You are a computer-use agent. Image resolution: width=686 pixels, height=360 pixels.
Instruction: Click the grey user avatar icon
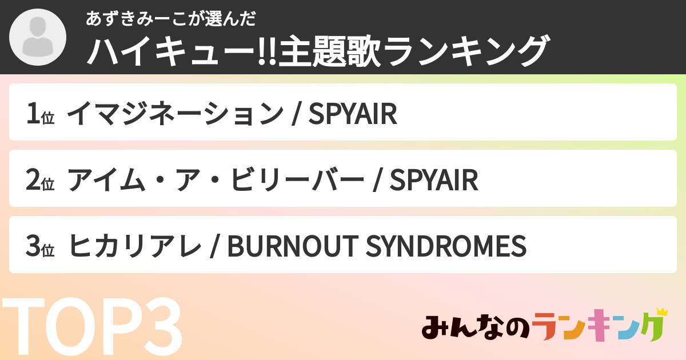(x=37, y=38)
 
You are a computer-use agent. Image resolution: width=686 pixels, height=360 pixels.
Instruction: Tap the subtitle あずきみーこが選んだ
(x=170, y=18)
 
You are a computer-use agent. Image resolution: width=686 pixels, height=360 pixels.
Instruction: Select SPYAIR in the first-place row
(x=352, y=114)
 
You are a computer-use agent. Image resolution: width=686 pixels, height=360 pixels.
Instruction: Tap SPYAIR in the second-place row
(x=433, y=180)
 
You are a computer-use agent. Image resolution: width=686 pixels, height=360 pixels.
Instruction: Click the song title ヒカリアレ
(x=135, y=246)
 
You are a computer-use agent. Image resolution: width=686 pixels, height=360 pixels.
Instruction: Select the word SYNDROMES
(x=445, y=246)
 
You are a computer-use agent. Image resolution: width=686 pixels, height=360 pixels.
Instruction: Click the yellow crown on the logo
(x=661, y=313)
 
